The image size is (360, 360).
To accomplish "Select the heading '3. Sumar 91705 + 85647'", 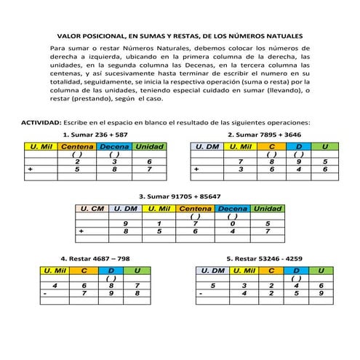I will pos(180,196).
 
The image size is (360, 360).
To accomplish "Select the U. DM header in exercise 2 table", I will pos(205,147).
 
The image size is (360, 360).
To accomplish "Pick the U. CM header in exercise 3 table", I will pos(92,209).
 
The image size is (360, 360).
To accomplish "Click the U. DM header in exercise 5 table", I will pos(212,271).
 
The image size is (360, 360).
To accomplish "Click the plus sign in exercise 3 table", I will pos(82,231).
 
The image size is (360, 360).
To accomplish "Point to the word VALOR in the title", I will pos(71,34).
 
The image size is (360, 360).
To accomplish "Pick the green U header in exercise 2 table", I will pos(324,147).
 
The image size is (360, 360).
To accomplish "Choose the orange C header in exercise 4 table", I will pos(84,271).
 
